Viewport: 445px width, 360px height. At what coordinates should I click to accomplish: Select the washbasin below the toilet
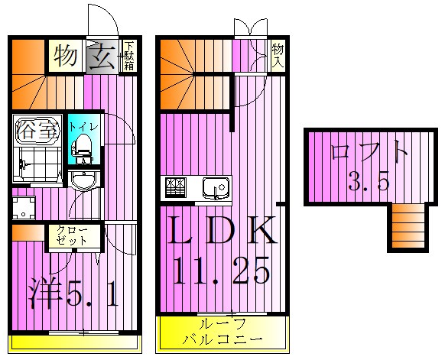[83, 180]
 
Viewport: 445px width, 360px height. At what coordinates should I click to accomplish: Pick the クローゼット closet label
[74, 235]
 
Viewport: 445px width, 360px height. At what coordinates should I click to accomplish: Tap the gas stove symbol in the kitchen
[174, 186]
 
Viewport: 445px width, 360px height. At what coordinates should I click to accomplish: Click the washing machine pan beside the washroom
[24, 206]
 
